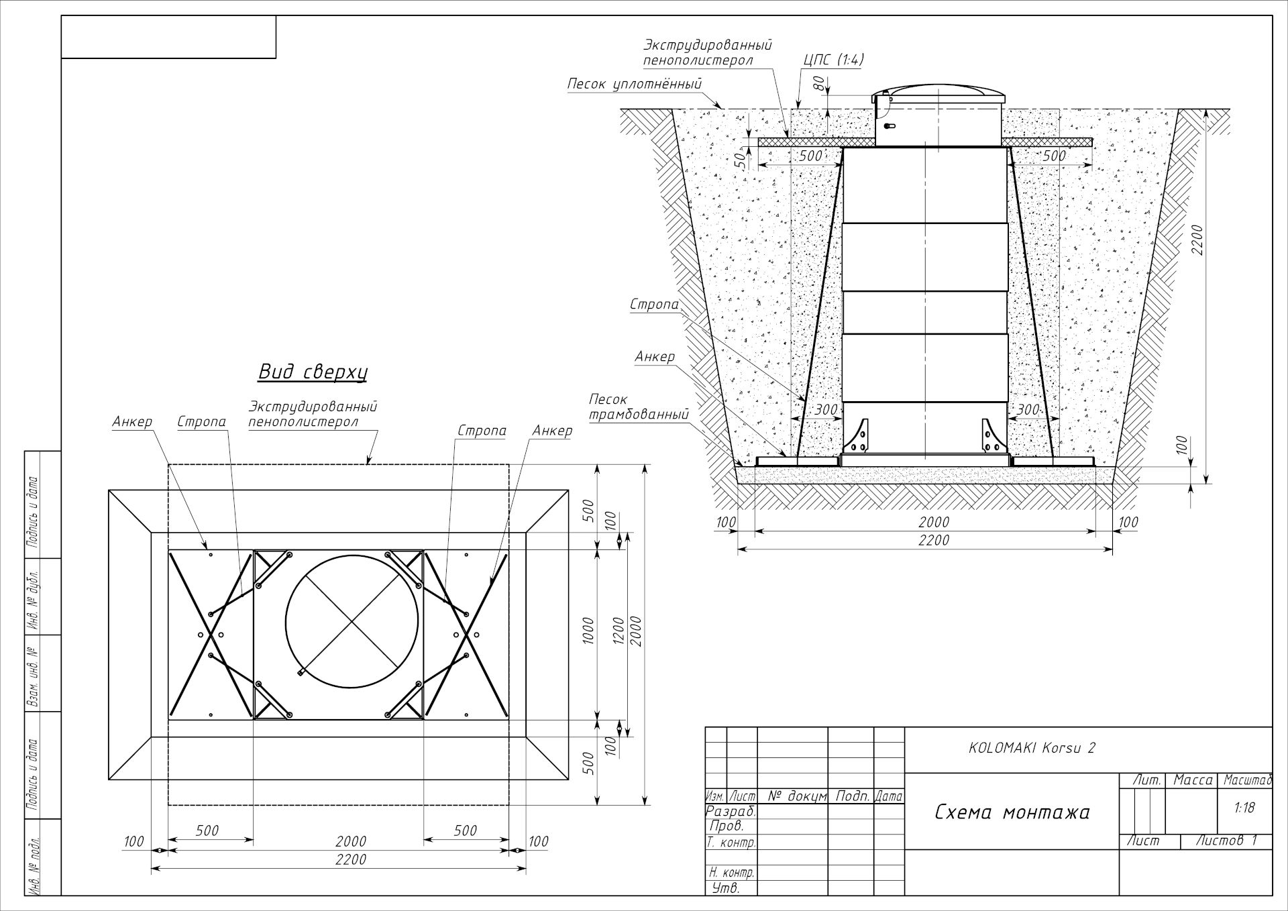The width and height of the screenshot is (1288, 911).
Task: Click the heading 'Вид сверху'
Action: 313,372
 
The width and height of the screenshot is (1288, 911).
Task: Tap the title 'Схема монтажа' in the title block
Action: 1012,812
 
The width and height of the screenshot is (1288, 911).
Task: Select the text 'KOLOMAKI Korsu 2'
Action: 1032,748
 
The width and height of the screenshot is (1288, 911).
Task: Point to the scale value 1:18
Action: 1244,808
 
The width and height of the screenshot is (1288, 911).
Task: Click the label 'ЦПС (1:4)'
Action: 834,60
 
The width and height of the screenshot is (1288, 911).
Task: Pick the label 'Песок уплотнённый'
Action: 635,84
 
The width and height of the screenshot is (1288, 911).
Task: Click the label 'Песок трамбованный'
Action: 639,407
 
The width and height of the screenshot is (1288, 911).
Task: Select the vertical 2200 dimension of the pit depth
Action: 1198,239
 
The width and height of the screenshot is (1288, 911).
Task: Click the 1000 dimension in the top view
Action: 589,631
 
